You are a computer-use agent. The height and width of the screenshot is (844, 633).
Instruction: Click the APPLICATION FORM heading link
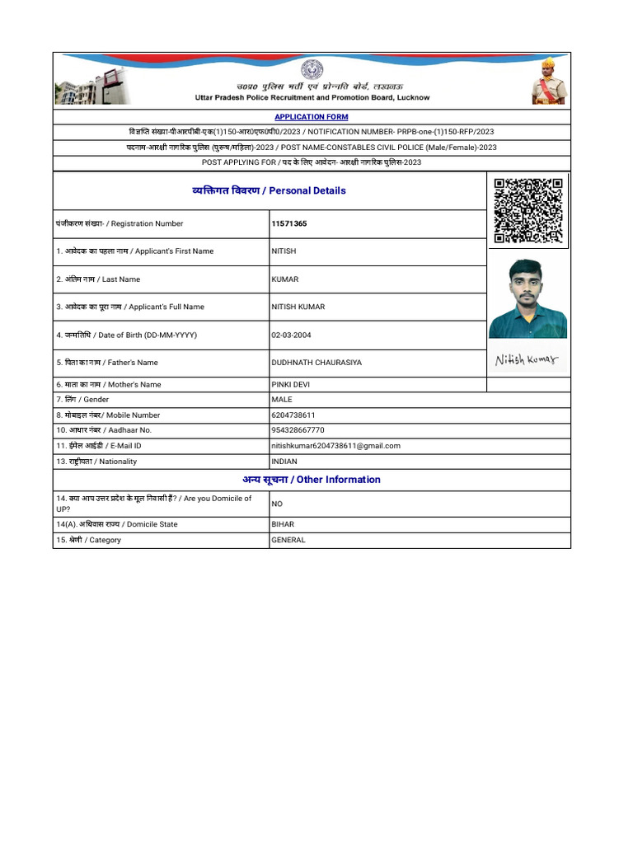click(312, 117)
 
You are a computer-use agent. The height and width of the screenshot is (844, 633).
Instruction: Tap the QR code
click(527, 211)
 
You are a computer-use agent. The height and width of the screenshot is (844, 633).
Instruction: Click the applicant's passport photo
click(527, 298)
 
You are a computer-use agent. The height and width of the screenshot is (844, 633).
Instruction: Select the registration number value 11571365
click(290, 223)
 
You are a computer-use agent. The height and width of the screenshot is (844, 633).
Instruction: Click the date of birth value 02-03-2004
click(292, 335)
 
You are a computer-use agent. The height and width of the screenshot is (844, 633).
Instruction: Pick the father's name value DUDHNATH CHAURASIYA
click(316, 363)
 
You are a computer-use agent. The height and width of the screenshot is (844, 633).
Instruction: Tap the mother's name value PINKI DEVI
click(291, 384)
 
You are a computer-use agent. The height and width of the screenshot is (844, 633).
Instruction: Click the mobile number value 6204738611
click(293, 415)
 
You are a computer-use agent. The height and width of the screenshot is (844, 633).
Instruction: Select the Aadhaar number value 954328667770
click(298, 430)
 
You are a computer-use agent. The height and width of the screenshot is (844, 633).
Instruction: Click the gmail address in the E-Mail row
click(335, 446)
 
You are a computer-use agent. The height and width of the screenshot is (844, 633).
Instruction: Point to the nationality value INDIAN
click(284, 462)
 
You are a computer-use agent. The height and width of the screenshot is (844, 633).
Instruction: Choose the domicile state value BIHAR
click(283, 524)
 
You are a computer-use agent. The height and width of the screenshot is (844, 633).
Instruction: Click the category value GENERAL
click(288, 540)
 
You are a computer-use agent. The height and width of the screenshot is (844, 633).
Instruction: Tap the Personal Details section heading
click(269, 190)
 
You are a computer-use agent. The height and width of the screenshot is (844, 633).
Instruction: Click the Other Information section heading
click(312, 480)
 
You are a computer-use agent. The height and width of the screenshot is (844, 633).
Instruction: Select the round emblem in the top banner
click(312, 69)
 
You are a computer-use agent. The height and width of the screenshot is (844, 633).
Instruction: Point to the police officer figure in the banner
click(548, 81)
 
